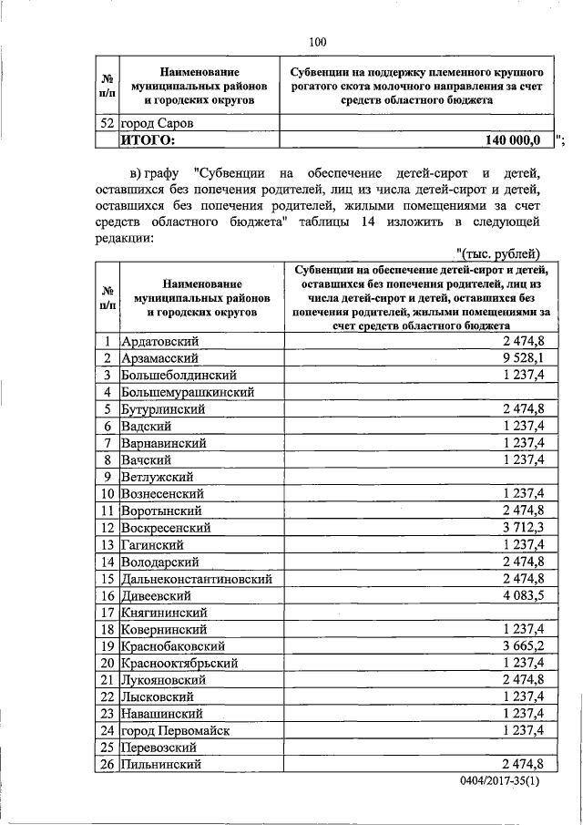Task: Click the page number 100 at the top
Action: [x=317, y=41]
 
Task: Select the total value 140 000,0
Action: [x=513, y=139]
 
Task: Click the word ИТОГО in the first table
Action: [x=148, y=139]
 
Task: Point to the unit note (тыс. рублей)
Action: [x=500, y=253]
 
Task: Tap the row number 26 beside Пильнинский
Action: [x=107, y=765]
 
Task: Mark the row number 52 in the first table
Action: [x=107, y=122]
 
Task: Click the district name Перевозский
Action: [x=161, y=748]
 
